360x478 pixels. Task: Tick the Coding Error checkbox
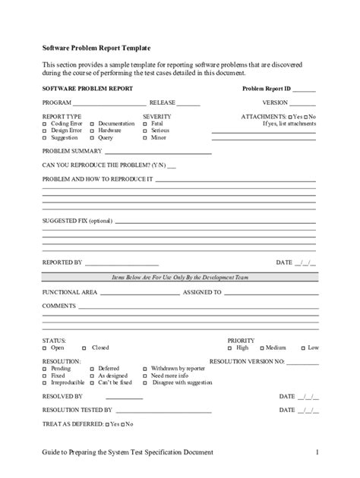pos(44,123)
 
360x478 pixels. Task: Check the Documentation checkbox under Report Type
pos(92,123)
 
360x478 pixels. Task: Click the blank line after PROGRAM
pos(109,102)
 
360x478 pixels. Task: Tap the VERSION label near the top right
pos(275,102)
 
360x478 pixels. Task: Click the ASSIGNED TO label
pos(202,291)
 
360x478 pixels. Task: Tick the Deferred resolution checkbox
pos(92,368)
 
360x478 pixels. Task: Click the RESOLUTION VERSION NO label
pos(246,362)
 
